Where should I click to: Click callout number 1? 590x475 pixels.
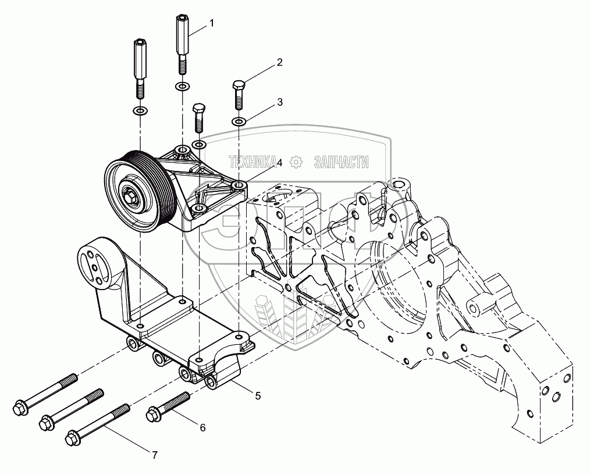tap(212, 23)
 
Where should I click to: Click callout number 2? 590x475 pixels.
tap(279, 62)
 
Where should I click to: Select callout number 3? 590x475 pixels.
tap(279, 102)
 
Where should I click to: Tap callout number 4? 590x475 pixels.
tap(279, 162)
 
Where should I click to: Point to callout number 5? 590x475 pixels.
tap(258, 396)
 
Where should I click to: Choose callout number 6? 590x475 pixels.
tap(203, 427)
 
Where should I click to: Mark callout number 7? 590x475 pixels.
tap(155, 455)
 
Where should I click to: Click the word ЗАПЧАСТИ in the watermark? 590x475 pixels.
tap(341, 162)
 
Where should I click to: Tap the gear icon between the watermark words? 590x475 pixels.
tap(297, 162)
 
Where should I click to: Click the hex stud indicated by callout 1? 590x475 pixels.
tap(182, 44)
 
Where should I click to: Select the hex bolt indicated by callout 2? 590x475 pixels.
tap(239, 95)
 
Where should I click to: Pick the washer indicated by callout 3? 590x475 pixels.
tap(239, 122)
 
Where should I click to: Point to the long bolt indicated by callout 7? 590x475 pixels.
tap(97, 424)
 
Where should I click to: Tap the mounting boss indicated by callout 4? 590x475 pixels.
tap(239, 185)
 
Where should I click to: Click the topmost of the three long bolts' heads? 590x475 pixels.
tap(19, 409)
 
